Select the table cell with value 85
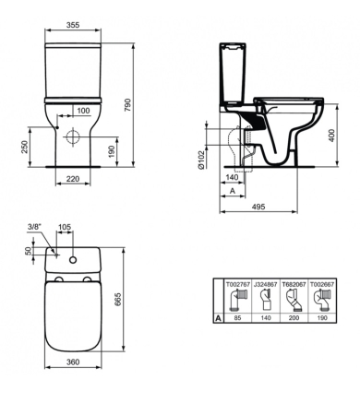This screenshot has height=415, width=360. (x=239, y=316)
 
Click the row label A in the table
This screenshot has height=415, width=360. (x=218, y=316)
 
